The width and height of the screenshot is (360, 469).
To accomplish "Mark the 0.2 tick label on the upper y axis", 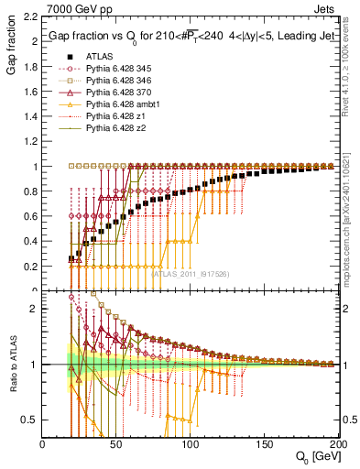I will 29,267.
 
